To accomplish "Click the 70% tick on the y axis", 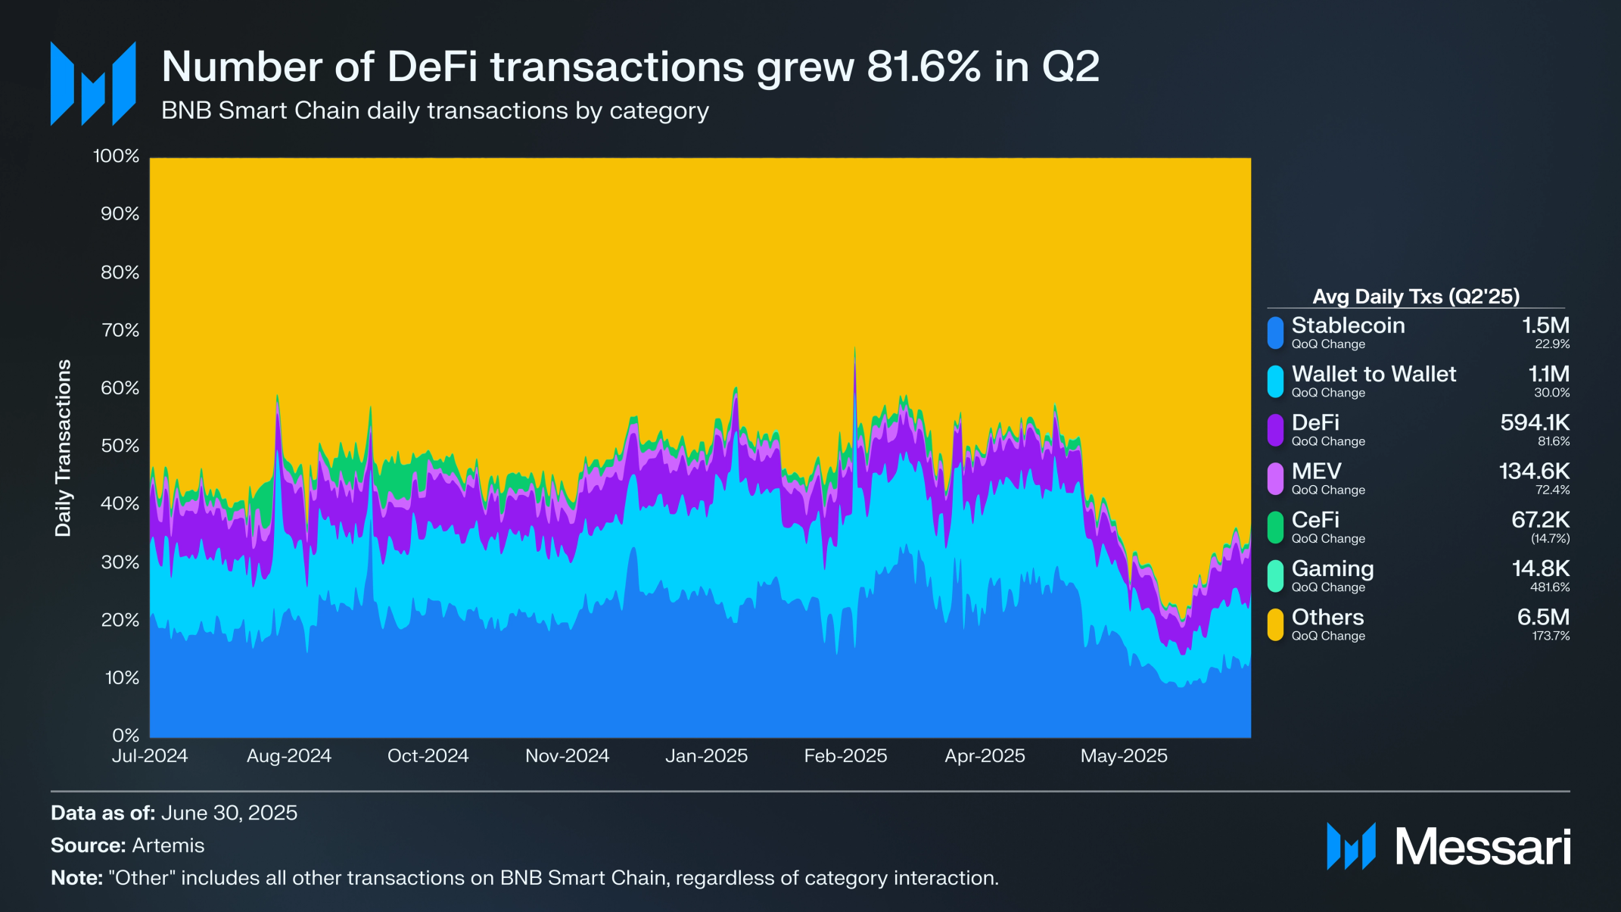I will (x=120, y=330).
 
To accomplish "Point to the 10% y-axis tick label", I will (x=121, y=677).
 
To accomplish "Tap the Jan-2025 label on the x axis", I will (x=706, y=755).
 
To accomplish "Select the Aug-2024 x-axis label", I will (x=289, y=755).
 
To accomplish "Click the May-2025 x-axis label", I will (x=1124, y=755).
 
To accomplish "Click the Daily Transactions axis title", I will (x=63, y=447).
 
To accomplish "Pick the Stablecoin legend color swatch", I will (x=1276, y=333).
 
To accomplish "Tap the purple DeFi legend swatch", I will (x=1276, y=430).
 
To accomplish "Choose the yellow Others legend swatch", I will (x=1276, y=624).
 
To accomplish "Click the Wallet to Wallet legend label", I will (x=1374, y=374).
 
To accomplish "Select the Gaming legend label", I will (x=1332, y=568).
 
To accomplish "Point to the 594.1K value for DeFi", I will (x=1535, y=422).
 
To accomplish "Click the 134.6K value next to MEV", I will (x=1534, y=471).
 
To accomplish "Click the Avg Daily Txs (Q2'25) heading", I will (x=1416, y=296).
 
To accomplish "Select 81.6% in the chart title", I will (x=924, y=67).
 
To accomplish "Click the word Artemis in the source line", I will (x=168, y=845).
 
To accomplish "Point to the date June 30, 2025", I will (x=229, y=813).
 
